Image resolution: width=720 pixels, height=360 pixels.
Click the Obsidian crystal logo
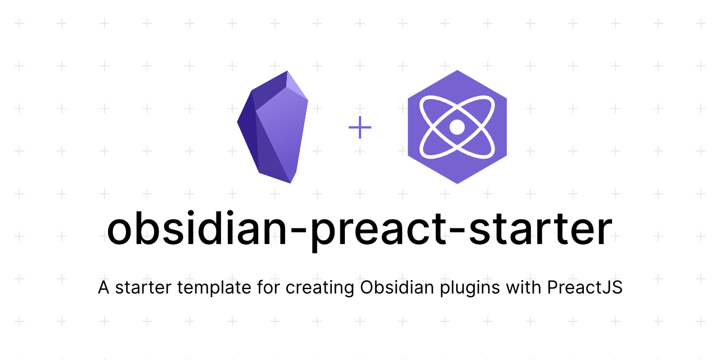(273, 127)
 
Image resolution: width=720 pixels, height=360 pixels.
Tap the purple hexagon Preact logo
(457, 127)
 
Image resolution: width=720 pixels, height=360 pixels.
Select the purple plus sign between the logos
(360, 127)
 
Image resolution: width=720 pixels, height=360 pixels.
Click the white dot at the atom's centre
(457, 127)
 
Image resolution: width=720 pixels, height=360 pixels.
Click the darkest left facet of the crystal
(248, 132)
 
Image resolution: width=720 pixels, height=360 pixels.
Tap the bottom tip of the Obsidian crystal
(291, 183)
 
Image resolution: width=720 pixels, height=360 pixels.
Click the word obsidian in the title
(197, 229)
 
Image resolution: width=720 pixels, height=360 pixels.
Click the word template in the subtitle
(214, 287)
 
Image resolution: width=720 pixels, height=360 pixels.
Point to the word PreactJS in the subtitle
(585, 287)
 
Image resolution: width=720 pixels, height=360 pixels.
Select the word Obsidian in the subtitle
(397, 287)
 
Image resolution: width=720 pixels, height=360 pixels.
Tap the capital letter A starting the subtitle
(103, 287)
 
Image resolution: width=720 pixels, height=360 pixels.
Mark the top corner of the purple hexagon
(457, 70)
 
